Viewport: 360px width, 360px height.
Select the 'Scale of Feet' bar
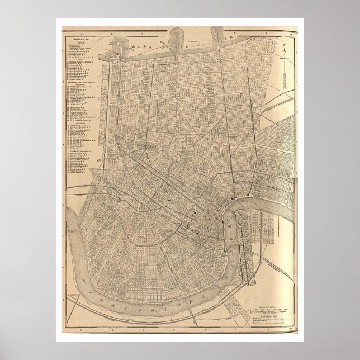point(268,310)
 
